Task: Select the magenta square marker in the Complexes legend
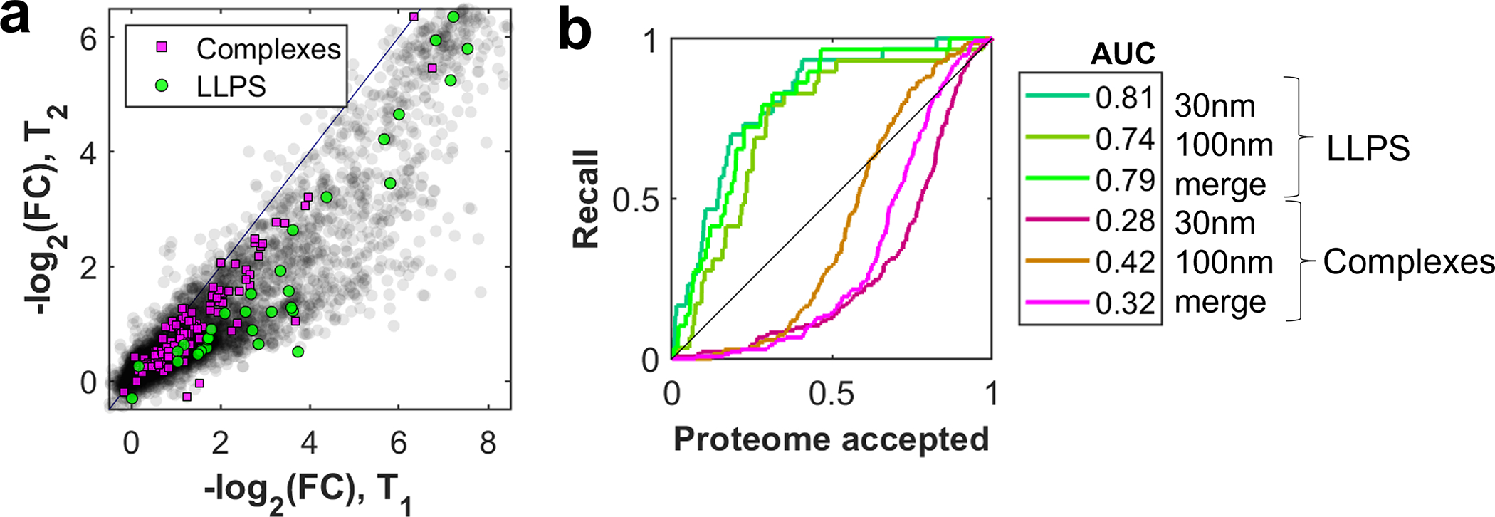[163, 48]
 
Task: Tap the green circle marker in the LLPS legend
[163, 85]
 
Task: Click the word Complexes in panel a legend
[268, 48]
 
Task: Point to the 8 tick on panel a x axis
[488, 443]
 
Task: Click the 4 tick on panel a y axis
[89, 152]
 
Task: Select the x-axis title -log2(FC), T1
[308, 491]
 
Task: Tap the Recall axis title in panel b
[587, 199]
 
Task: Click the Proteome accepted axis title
[831, 439]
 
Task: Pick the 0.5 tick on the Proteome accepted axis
[831, 392]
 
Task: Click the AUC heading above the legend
[1123, 53]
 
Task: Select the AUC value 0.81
[1124, 98]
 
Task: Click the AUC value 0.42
[1124, 262]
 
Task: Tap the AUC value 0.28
[1124, 221]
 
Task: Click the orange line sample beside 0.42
[1057, 261]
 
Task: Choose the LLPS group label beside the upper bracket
[1368, 148]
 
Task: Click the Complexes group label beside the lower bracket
[1408, 262]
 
